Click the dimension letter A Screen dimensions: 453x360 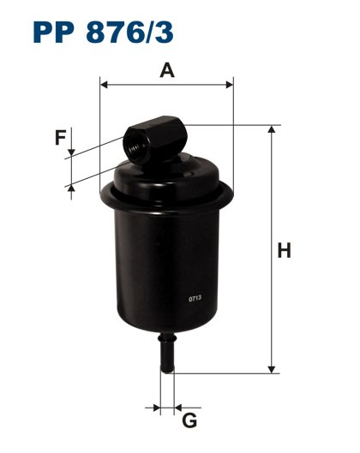168,69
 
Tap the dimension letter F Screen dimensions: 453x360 59,137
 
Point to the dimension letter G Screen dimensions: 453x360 190,420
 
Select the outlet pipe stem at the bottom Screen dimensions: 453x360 166,353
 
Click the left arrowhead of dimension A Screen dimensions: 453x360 105,84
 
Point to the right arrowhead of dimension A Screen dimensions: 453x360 229,84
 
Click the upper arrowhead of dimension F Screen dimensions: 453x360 71,151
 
